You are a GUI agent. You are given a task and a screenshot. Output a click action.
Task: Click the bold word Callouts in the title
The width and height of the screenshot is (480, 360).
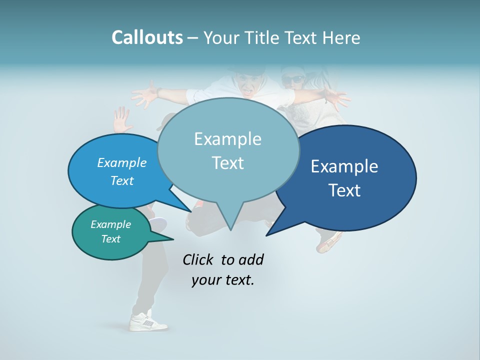[x=147, y=37]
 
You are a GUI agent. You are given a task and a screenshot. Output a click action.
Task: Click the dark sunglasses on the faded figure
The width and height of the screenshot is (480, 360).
[x=292, y=79]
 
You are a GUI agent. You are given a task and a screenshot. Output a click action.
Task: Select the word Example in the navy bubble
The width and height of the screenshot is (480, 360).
[x=344, y=166]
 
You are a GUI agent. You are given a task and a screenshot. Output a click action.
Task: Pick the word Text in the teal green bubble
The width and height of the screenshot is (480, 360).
[x=111, y=239]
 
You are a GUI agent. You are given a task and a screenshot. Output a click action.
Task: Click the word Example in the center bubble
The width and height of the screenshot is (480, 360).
[x=227, y=139]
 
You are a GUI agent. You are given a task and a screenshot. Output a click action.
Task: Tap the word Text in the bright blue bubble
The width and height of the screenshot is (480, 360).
[x=122, y=181]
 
